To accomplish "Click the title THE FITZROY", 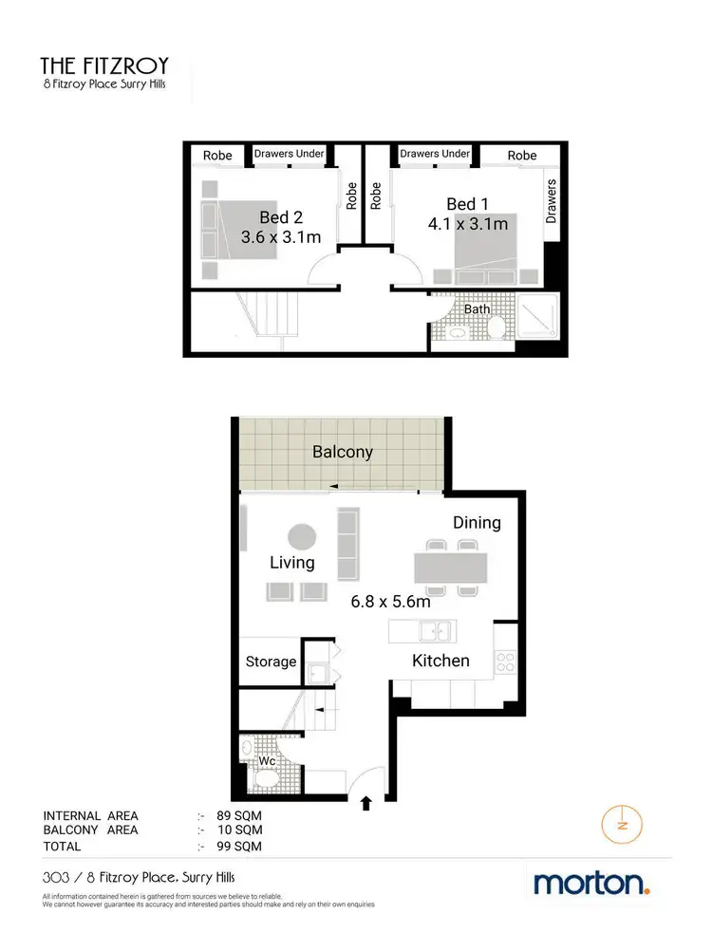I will point(103,65).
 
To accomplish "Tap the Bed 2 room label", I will point(280,217).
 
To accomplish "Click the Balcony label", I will point(343,452).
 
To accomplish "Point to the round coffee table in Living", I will point(303,537).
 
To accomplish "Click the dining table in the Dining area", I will point(450,568).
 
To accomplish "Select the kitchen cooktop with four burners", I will point(505,661).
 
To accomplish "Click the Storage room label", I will point(271,662).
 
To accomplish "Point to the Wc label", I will point(268,761).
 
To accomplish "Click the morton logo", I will point(592,884).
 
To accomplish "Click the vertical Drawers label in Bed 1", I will point(553,201).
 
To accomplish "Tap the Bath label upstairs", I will point(478,308).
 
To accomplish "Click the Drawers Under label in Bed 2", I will point(290,154).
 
